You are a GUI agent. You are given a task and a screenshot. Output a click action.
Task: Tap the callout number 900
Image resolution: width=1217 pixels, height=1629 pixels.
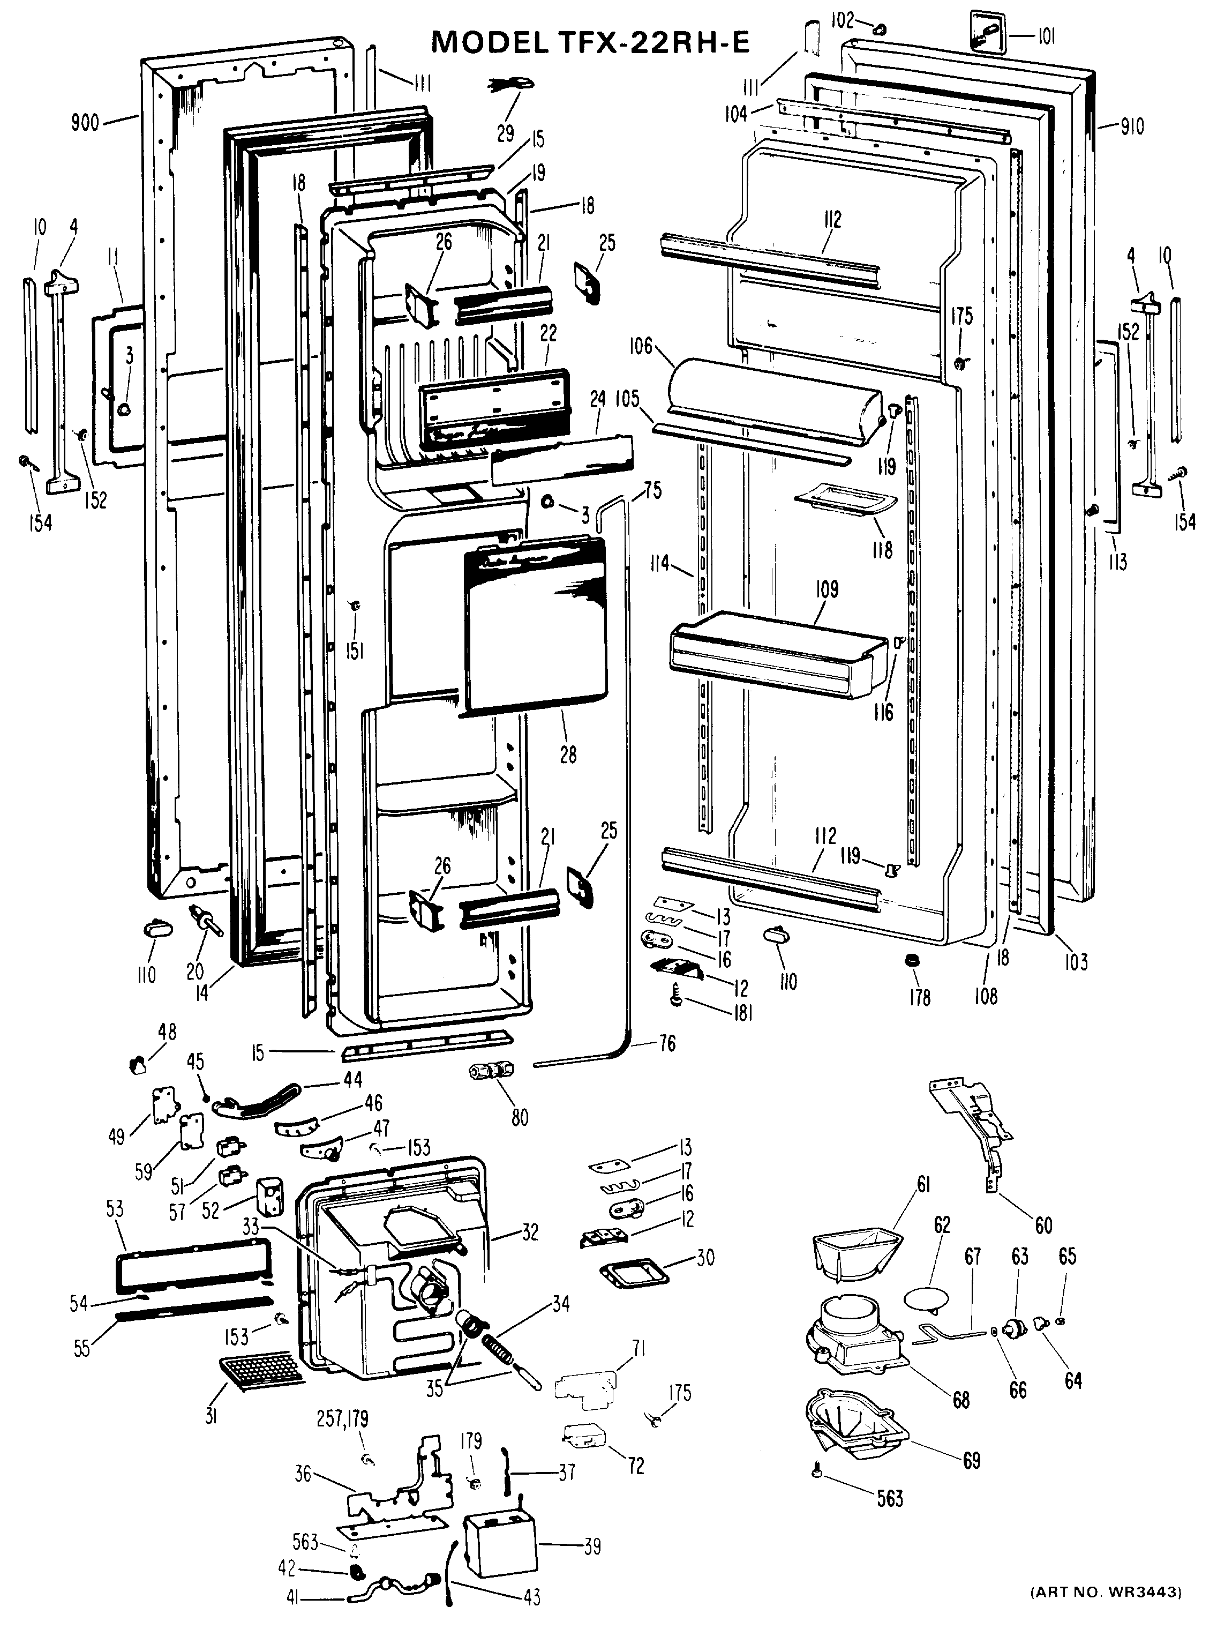coord(85,122)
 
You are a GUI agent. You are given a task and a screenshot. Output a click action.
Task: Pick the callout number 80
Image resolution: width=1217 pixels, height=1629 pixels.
coord(520,1118)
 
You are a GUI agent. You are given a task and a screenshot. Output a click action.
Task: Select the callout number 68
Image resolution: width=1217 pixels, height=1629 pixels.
coord(961,1399)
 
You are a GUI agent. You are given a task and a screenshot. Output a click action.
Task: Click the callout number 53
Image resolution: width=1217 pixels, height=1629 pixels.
coord(114,1209)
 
